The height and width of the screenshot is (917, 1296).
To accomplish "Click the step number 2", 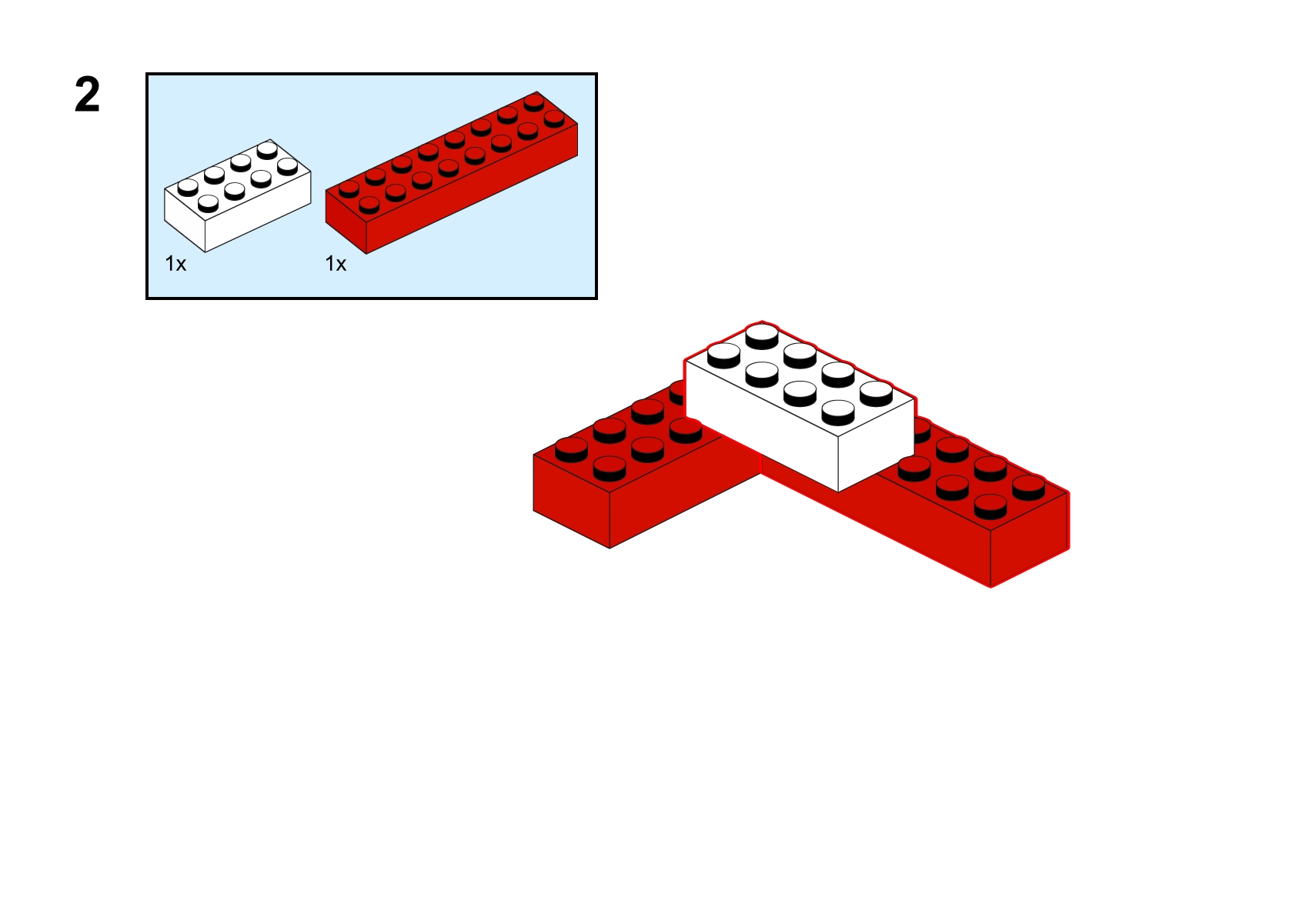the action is (x=88, y=95).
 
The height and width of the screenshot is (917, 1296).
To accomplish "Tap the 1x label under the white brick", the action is (x=175, y=264).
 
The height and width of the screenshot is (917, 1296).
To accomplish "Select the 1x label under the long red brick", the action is (x=336, y=264).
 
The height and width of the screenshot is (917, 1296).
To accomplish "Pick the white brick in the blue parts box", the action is (x=238, y=195).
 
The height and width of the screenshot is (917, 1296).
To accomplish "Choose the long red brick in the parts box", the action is (x=451, y=172).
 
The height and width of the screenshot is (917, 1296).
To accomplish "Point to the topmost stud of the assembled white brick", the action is (x=762, y=336).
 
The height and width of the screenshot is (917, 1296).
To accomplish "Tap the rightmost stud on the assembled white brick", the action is (x=876, y=394).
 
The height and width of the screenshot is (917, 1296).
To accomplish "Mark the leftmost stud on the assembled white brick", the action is (x=723, y=355).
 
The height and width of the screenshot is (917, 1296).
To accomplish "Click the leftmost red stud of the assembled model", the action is (x=572, y=450).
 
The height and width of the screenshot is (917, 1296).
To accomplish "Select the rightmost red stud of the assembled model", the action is (x=1028, y=488).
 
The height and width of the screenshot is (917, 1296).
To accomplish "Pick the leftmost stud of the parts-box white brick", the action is (x=188, y=188).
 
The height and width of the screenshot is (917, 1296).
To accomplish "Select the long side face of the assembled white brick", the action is (x=762, y=426).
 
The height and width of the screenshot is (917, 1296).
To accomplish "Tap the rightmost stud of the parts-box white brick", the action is (x=288, y=167).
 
